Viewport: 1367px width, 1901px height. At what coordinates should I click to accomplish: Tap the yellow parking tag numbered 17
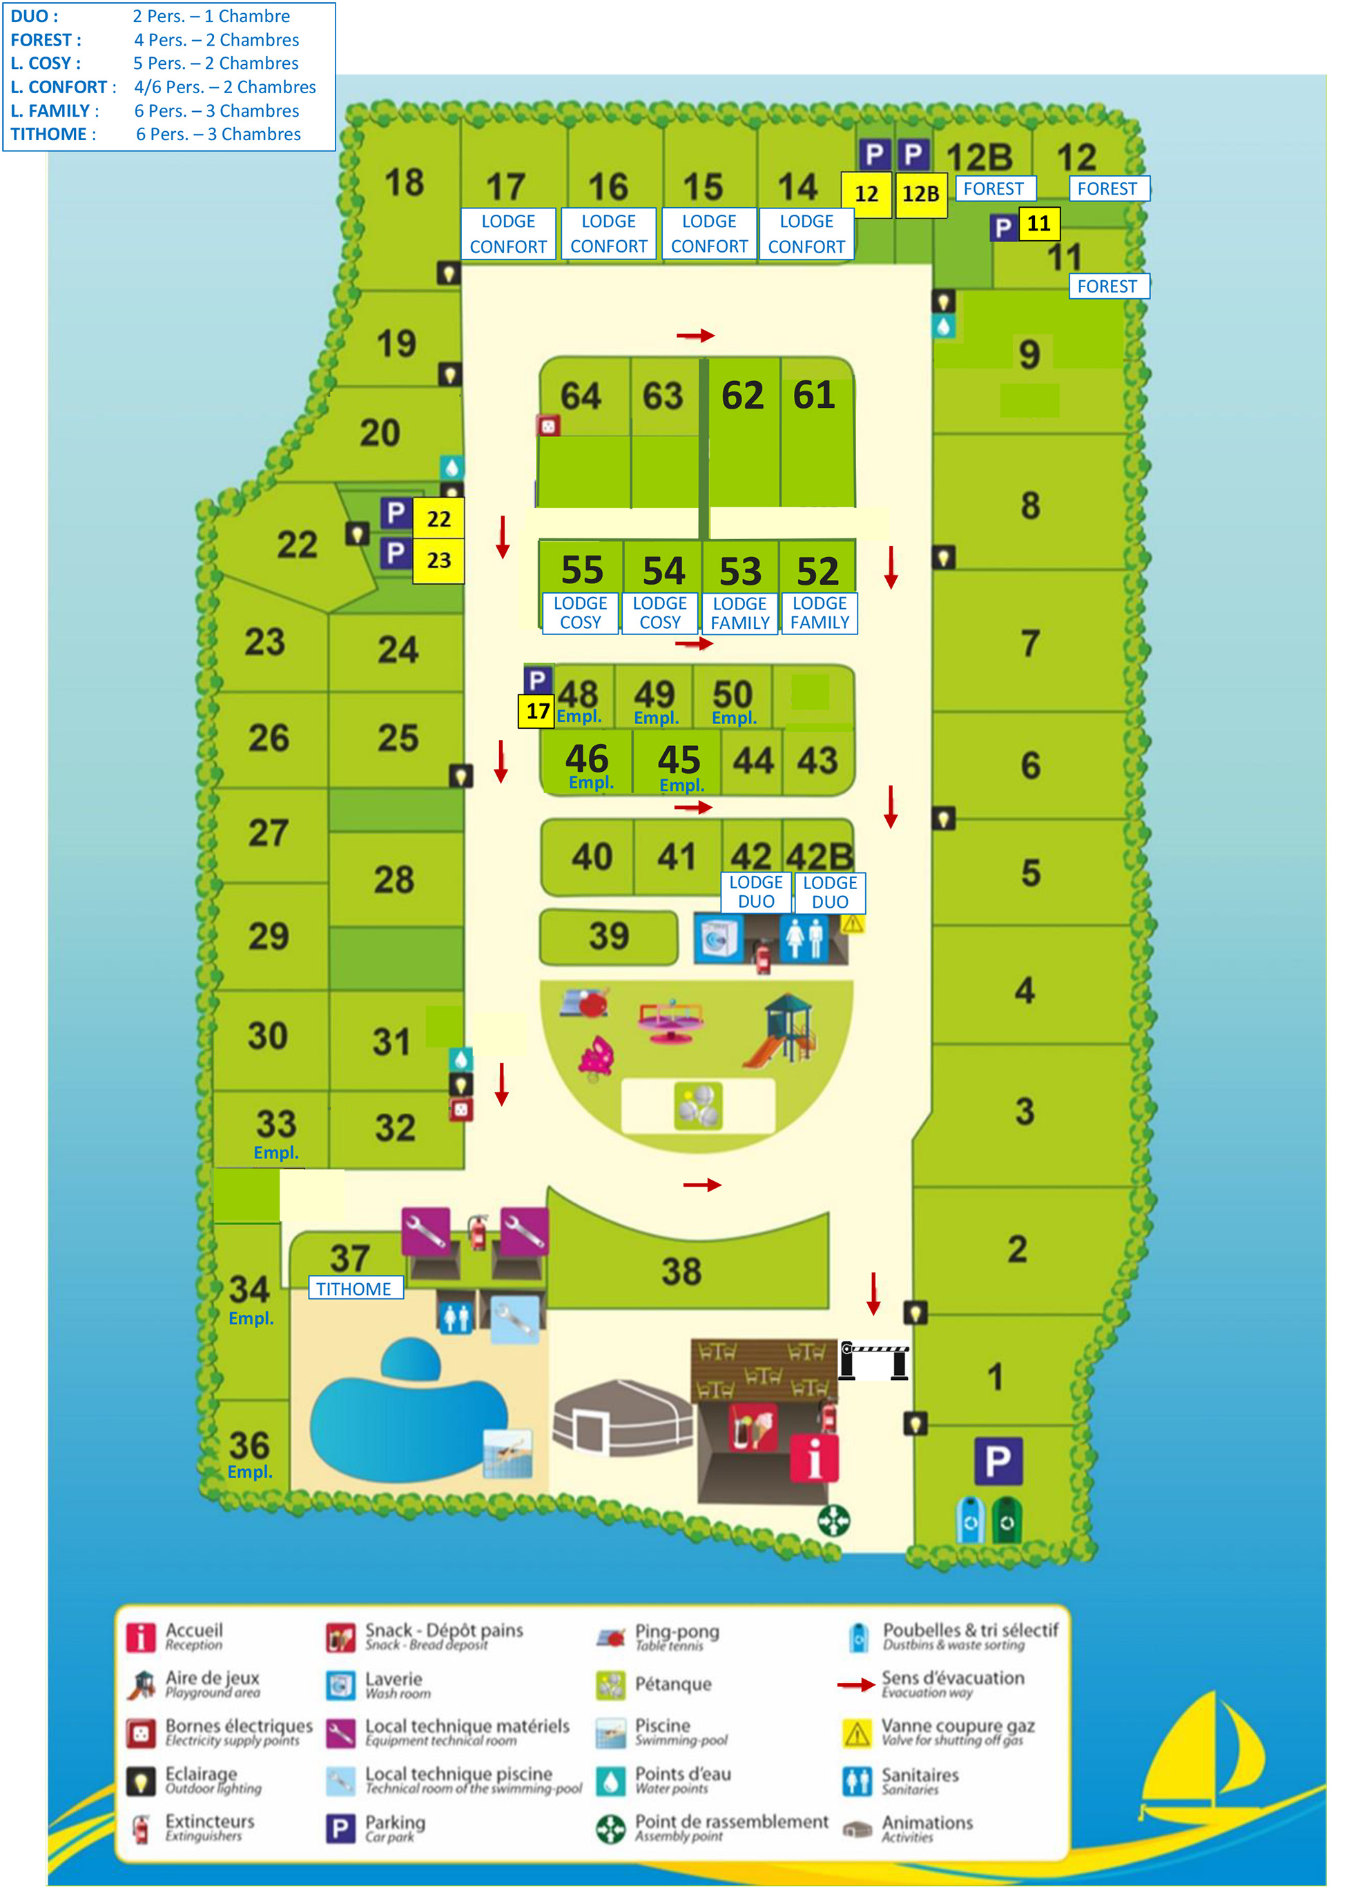click(537, 712)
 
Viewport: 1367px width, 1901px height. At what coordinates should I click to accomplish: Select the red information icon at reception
click(814, 1459)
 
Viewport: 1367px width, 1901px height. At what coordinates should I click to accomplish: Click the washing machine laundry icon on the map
click(717, 939)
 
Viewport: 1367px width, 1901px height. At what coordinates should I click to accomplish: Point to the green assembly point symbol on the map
click(833, 1521)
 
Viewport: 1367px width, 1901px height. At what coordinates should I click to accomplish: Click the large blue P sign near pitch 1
click(998, 1461)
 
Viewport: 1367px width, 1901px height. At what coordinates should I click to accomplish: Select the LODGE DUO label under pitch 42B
click(830, 893)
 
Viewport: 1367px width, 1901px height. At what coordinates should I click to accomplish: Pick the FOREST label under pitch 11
click(1107, 286)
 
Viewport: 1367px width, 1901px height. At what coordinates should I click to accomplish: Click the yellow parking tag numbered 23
click(438, 560)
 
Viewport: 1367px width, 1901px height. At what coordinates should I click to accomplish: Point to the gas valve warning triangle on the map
click(853, 924)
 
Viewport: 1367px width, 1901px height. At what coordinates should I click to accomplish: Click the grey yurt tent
click(623, 1419)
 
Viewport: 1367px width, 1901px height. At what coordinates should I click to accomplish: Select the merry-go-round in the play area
click(670, 1021)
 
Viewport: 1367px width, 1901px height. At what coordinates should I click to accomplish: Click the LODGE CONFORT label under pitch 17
click(508, 234)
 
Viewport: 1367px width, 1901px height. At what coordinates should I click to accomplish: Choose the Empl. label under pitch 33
click(275, 1153)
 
